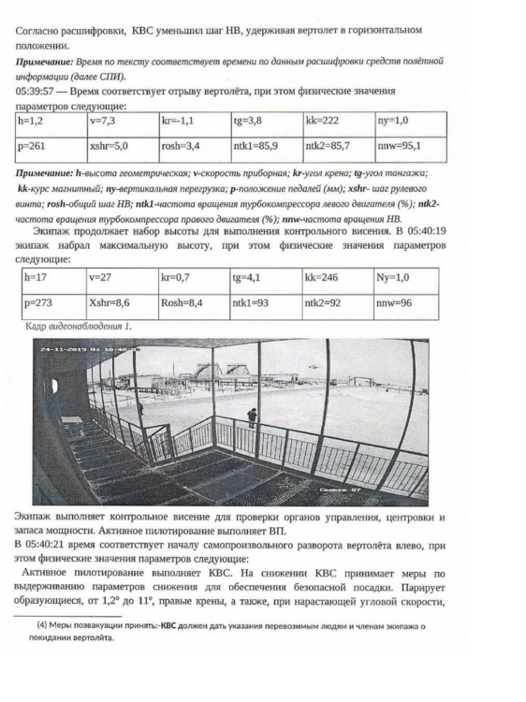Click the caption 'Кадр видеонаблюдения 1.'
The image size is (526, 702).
[78, 326]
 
